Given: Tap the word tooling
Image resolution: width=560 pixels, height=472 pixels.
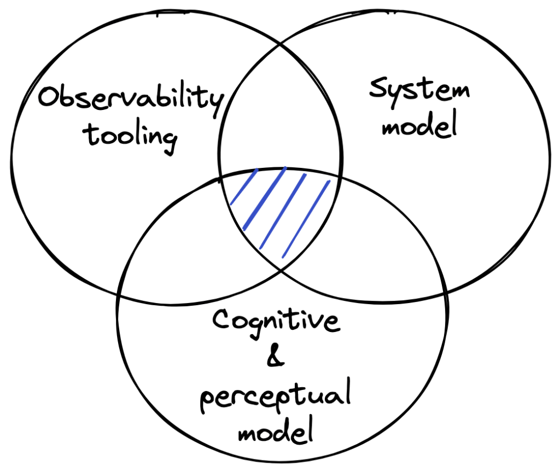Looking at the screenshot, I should (x=132, y=135).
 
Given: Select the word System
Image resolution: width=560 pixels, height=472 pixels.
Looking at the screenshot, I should (x=419, y=90).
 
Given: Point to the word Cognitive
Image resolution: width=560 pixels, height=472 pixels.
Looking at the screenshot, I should (x=275, y=321).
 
